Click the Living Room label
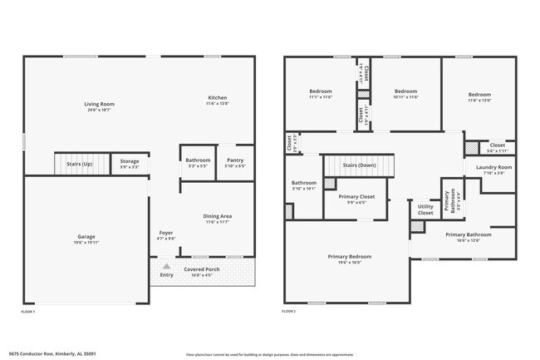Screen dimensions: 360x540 coord(98,104)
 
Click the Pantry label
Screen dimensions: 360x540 coord(235,160)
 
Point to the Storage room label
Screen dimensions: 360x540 coord(130,161)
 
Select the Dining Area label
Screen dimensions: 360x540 coord(218,216)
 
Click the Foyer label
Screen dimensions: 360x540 coord(166,232)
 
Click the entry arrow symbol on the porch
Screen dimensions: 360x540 coord(166,265)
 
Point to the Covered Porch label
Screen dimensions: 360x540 coord(203,268)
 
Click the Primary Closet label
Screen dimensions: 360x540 coord(356,196)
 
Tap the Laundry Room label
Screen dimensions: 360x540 coord(493,167)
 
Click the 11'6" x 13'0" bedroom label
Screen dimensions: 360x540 coord(480,95)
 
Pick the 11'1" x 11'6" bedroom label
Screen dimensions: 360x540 coord(321,91)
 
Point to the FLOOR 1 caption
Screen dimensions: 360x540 coord(28,311)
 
